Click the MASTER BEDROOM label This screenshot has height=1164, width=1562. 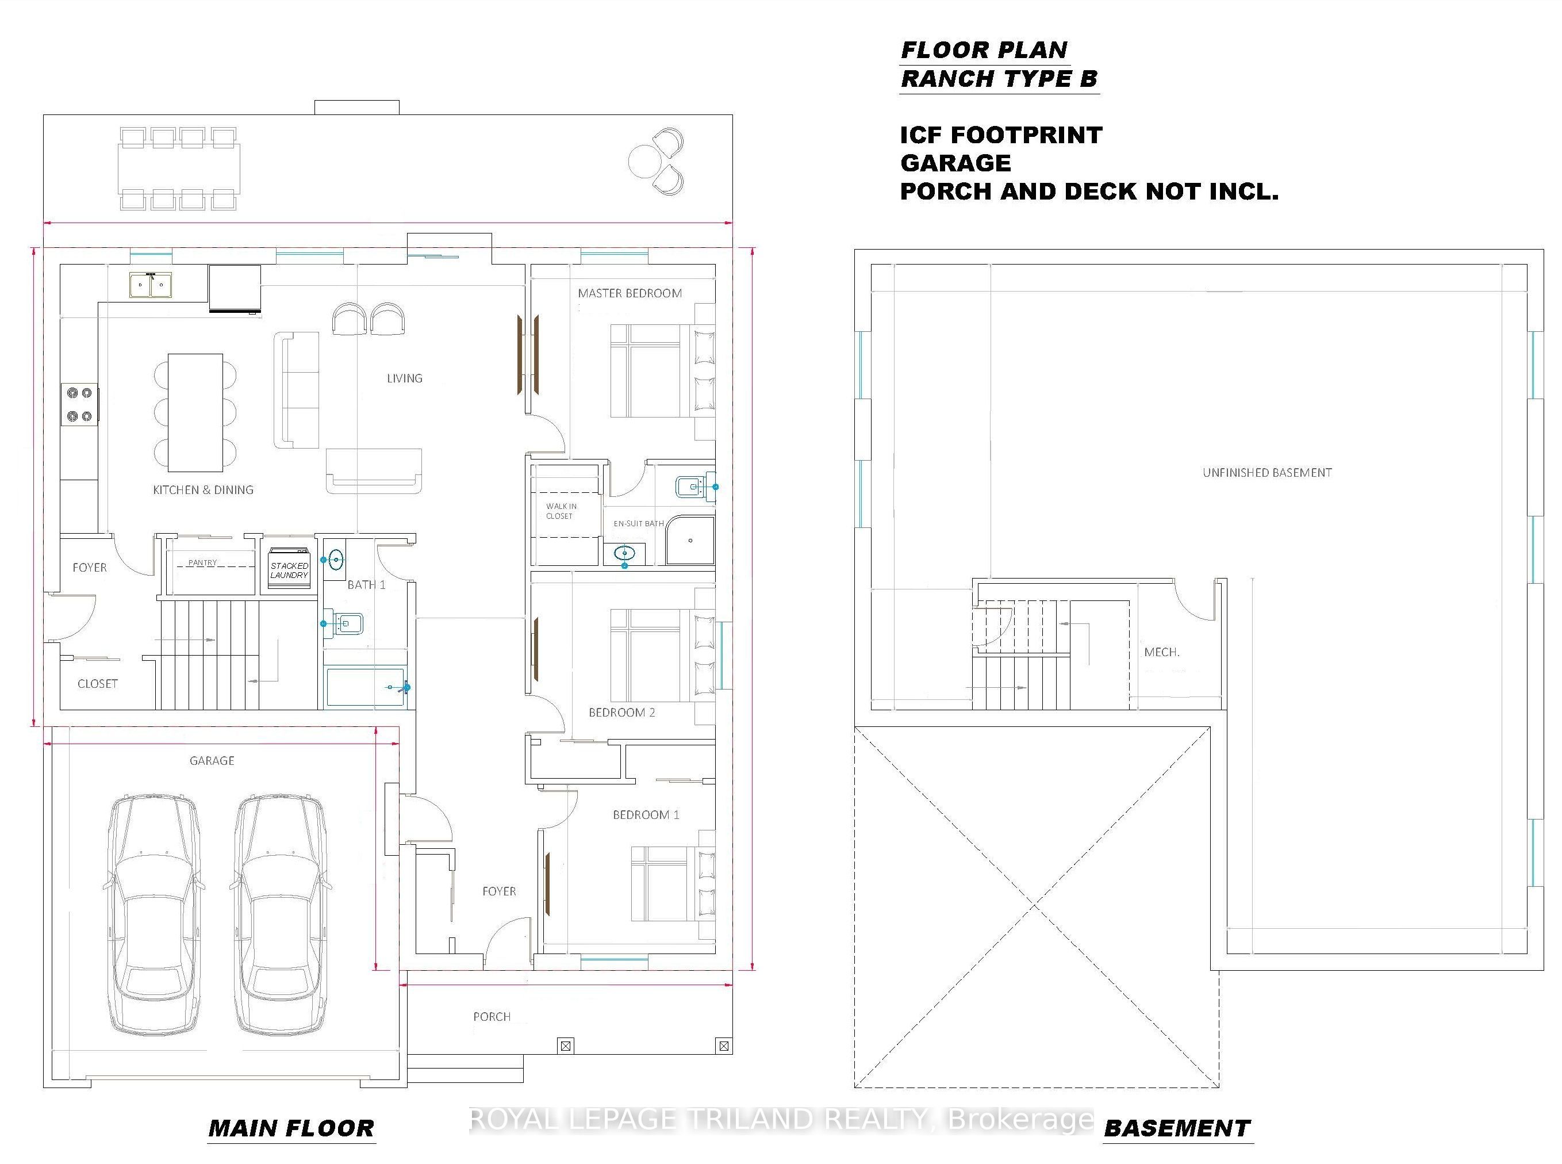click(x=630, y=293)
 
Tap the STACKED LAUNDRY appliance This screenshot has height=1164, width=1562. click(x=289, y=566)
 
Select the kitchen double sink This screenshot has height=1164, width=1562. click(x=150, y=285)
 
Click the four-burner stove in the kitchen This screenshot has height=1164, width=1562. click(x=79, y=404)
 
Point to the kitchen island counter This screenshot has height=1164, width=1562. click(x=195, y=413)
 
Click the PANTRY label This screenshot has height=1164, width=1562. click(x=203, y=562)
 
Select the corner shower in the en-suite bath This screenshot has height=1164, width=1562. click(x=690, y=541)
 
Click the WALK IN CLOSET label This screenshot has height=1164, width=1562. click(x=561, y=511)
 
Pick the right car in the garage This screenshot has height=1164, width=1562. click(x=279, y=916)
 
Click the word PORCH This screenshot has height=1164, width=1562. click(x=492, y=1017)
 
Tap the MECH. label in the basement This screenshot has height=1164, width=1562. click(x=1161, y=653)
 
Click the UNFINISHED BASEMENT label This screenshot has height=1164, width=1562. click(x=1267, y=473)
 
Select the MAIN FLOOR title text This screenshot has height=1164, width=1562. click(x=291, y=1128)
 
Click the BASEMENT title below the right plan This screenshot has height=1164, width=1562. click(x=1177, y=1128)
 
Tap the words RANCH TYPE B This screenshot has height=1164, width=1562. click(x=999, y=79)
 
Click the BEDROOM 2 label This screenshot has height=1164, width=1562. click(x=622, y=713)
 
